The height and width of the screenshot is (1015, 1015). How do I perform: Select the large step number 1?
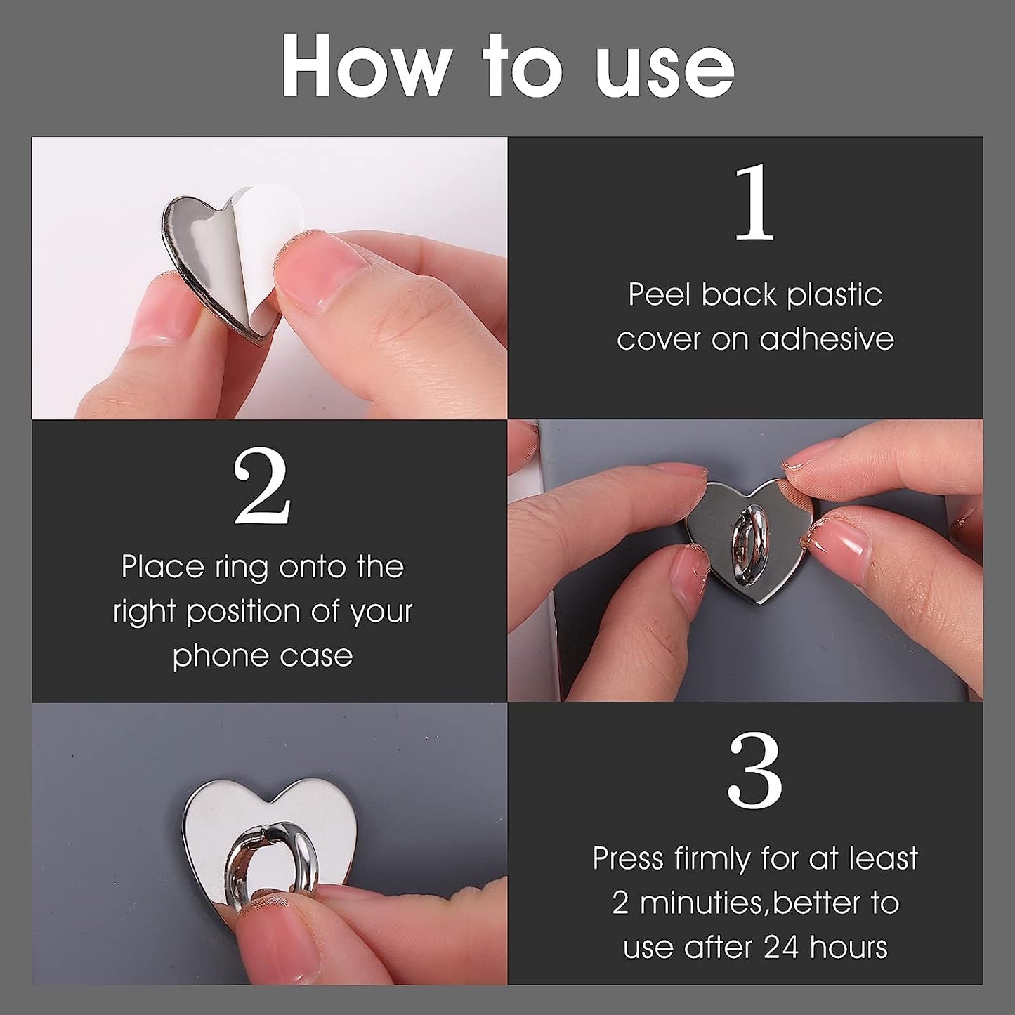tap(754, 203)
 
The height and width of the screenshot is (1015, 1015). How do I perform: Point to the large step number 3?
tap(754, 771)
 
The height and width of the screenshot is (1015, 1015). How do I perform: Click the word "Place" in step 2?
tap(162, 567)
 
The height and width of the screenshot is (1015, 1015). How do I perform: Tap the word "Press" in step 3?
tap(628, 859)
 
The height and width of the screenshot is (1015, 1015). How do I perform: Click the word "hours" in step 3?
tap(849, 948)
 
